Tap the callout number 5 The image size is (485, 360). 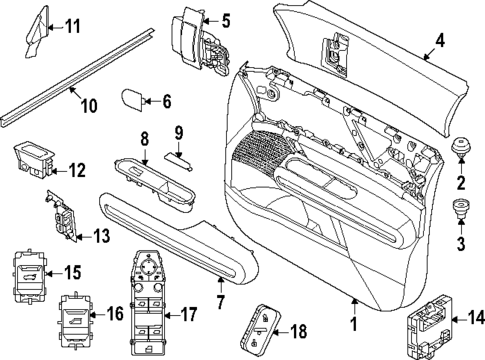[x=226, y=19]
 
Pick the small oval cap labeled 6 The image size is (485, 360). [x=134, y=100]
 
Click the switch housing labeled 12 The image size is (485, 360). [x=32, y=158]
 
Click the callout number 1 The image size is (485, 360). [x=353, y=327]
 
